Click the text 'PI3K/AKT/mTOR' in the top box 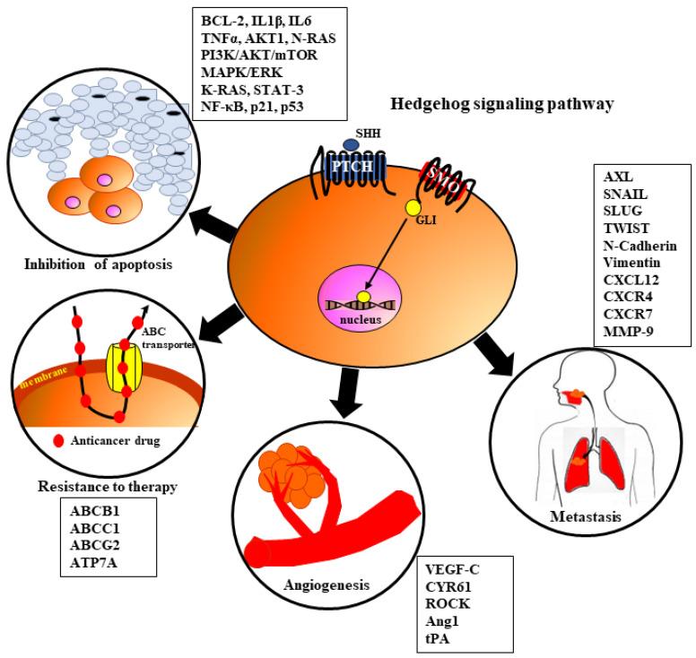(x=257, y=56)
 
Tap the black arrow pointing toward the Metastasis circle (x=504, y=353)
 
